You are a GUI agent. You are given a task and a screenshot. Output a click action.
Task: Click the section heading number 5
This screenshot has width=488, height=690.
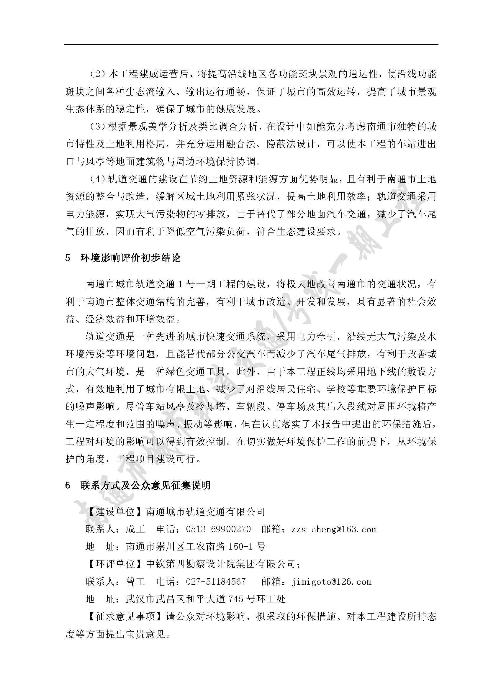(68, 258)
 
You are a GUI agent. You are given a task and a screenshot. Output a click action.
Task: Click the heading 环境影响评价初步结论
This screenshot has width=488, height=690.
(130, 258)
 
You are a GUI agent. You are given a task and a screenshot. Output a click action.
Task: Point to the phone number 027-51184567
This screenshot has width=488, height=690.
(216, 581)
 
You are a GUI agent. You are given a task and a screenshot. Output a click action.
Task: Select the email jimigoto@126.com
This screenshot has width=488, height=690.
(331, 581)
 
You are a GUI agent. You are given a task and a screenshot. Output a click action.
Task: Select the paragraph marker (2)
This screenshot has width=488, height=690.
(97, 74)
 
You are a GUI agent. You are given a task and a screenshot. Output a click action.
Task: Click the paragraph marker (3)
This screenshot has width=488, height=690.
(97, 127)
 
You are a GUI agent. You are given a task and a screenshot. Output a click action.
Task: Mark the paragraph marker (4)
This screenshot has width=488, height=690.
(97, 179)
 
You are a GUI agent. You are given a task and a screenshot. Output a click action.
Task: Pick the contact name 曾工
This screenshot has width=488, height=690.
(135, 581)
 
